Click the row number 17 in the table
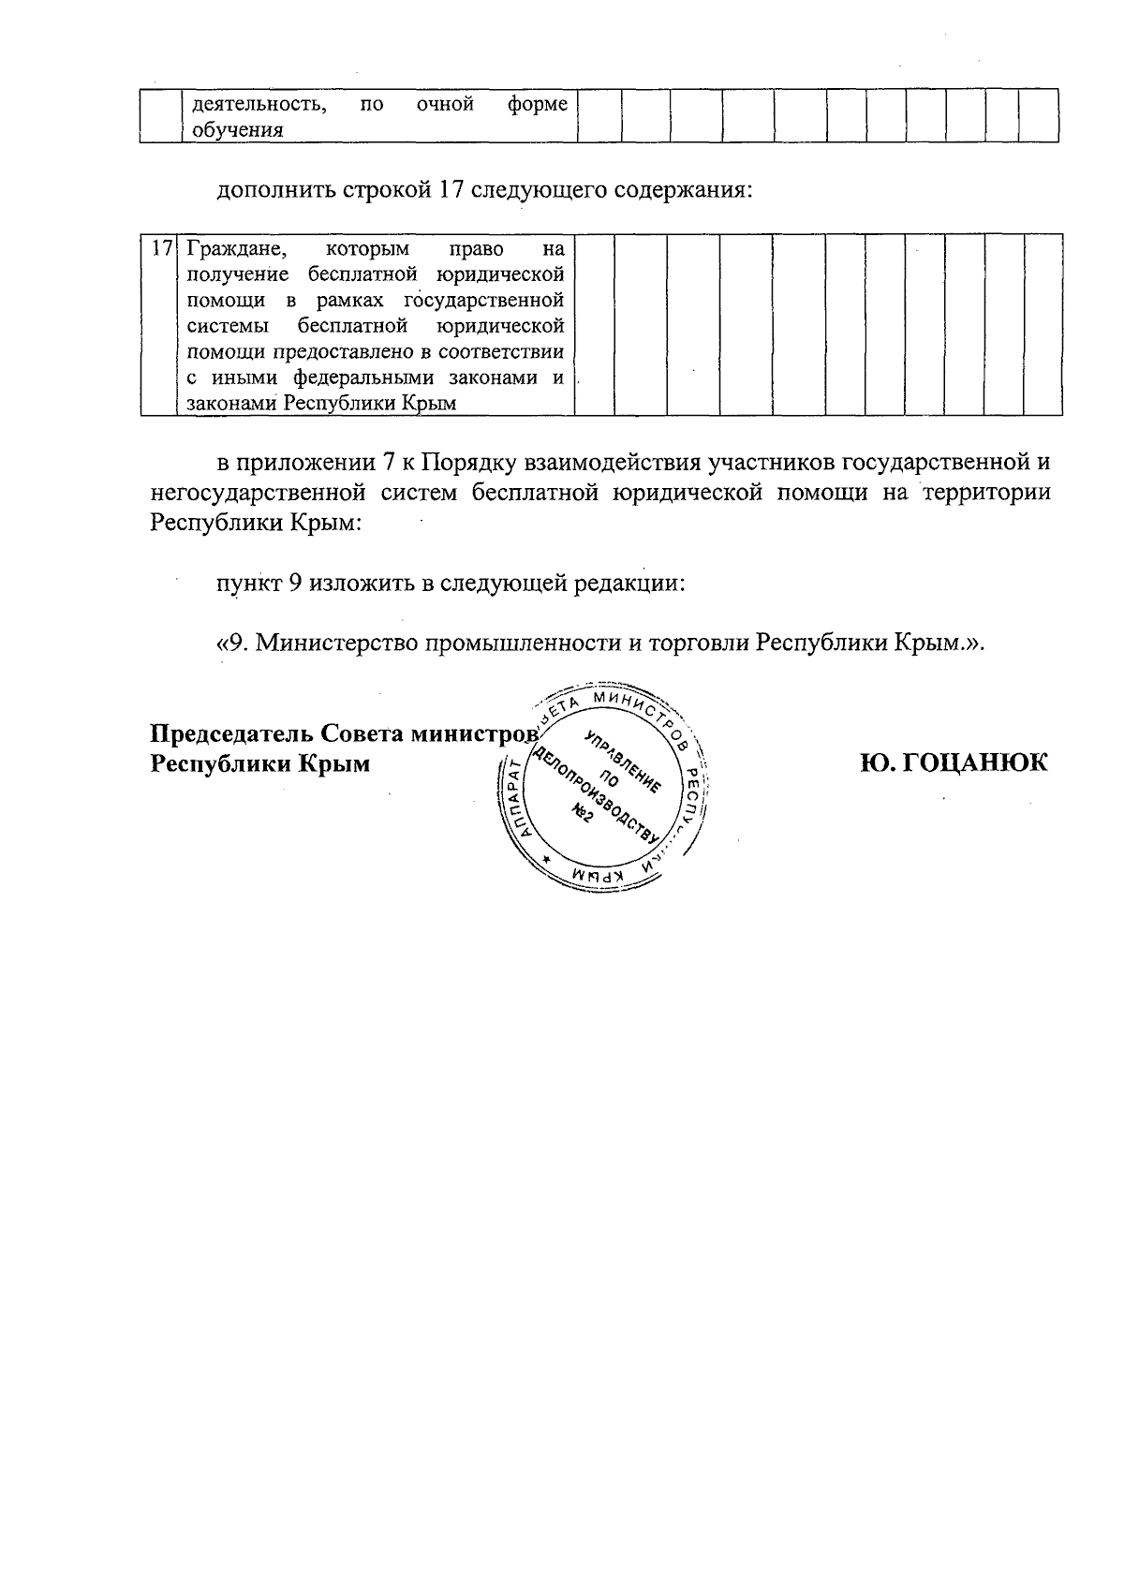(x=160, y=249)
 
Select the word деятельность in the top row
(x=259, y=104)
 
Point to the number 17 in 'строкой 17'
(x=451, y=190)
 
